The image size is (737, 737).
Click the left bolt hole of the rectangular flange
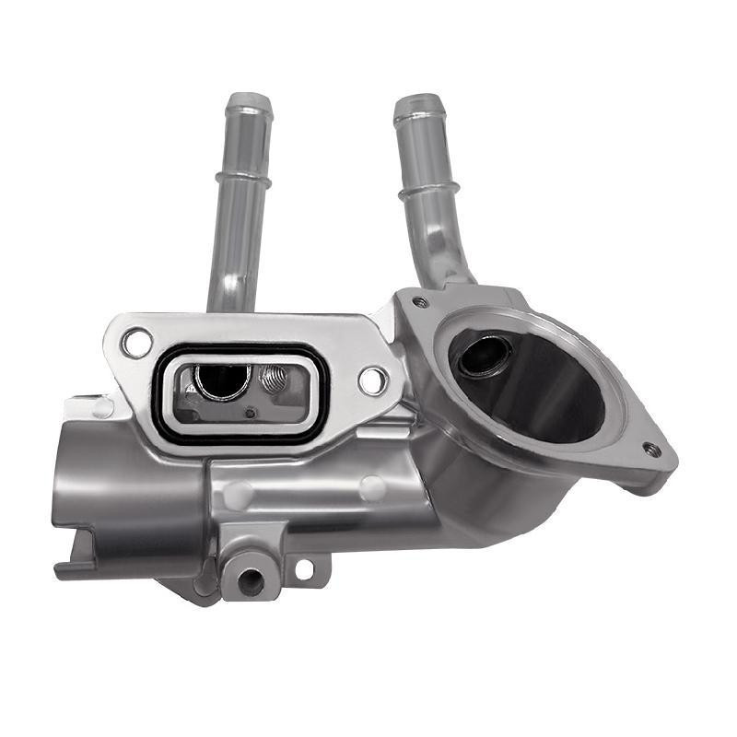[x=137, y=344]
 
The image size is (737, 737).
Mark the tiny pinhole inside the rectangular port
[x=250, y=413]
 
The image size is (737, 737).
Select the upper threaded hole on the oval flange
[x=420, y=302]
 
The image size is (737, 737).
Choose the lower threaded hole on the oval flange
[x=651, y=450]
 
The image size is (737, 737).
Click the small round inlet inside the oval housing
[x=480, y=357]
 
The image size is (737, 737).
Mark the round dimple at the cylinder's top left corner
[x=103, y=406]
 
